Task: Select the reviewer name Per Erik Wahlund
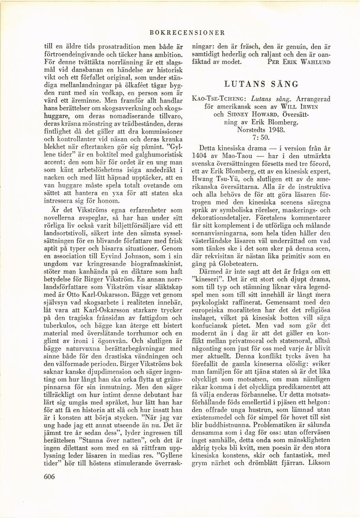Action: click(x=299, y=61)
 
